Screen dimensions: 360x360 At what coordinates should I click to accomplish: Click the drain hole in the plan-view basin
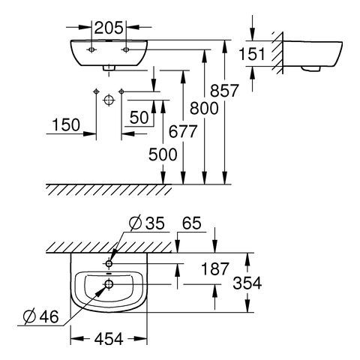pos(109,284)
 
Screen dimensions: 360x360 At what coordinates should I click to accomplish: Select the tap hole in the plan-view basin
pos(109,264)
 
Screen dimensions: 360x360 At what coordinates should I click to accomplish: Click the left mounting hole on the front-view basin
pos(91,49)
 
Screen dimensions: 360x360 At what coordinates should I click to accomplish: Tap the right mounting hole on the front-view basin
pos(126,49)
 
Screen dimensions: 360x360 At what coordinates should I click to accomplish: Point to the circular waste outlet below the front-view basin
pos(108,98)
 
